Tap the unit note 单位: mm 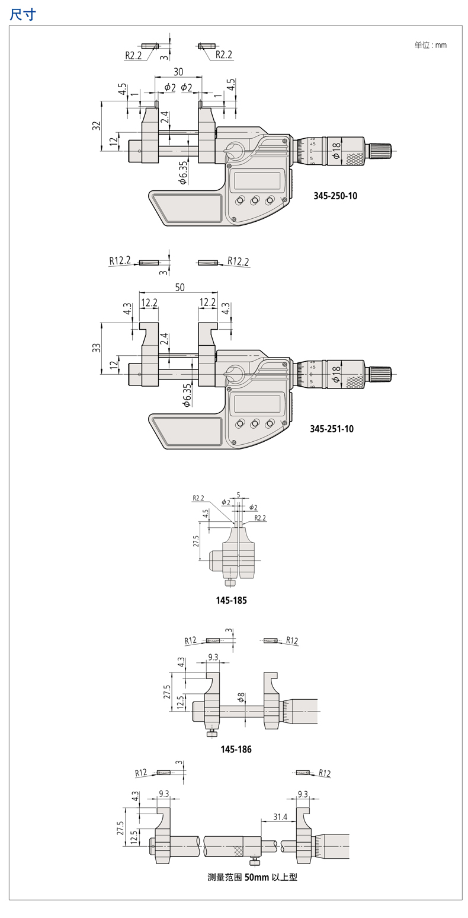pyautogui.click(x=431, y=45)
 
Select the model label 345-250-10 pyautogui.click(x=335, y=196)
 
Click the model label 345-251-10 pyautogui.click(x=332, y=428)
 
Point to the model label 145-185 pyautogui.click(x=231, y=600)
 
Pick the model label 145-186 pyautogui.click(x=236, y=750)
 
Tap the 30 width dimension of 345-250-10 pyautogui.click(x=178, y=72)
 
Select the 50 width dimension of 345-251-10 pyautogui.click(x=179, y=287)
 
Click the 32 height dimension pyautogui.click(x=97, y=126)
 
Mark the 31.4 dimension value pyautogui.click(x=280, y=817)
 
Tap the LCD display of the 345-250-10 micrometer pyautogui.click(x=257, y=180)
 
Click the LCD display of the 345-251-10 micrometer pyautogui.click(x=257, y=404)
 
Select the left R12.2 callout pyautogui.click(x=120, y=260)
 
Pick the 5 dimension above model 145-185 pyautogui.click(x=238, y=494)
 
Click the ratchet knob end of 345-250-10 pyautogui.click(x=381, y=150)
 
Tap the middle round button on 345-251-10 pyautogui.click(x=255, y=423)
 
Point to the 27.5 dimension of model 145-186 pyautogui.click(x=167, y=692)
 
